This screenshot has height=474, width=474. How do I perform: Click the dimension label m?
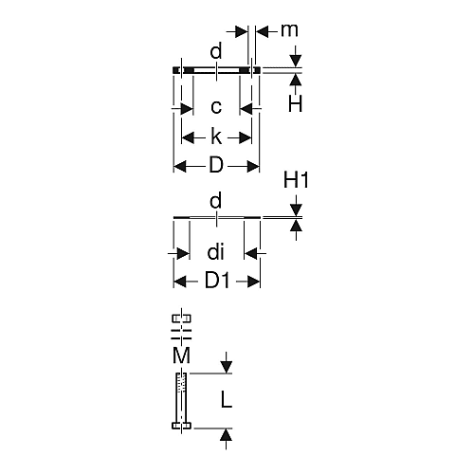pos(289,30)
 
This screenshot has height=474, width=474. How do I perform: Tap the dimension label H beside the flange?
pos(295,103)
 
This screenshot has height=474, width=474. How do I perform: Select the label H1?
pos(296,180)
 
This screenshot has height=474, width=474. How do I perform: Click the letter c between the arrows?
pos(216,107)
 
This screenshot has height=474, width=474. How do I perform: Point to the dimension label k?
pos(216,137)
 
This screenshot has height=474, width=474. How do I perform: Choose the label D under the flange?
pos(216,165)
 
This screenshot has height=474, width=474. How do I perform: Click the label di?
pos(216,252)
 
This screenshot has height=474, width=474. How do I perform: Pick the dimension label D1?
pos(217,281)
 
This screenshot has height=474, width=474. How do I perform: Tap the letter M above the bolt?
pos(181,355)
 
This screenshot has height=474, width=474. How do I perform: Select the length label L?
pos(227,400)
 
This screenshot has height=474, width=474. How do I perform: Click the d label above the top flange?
pos(216,51)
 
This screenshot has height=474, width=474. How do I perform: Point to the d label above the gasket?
pos(216,201)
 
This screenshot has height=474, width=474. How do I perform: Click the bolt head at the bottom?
pos(181,426)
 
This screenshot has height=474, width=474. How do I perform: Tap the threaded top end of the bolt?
pos(181,383)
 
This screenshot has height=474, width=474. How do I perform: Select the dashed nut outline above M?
pos(181,319)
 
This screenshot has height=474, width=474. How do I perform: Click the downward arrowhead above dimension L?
pos(226,368)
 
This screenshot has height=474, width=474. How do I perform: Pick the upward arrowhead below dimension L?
pos(226,434)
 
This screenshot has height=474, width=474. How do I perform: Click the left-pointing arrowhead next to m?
pos(263,31)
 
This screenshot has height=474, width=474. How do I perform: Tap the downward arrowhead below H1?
pos(296,210)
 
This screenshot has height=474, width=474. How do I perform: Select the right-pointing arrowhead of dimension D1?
pos(253,281)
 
